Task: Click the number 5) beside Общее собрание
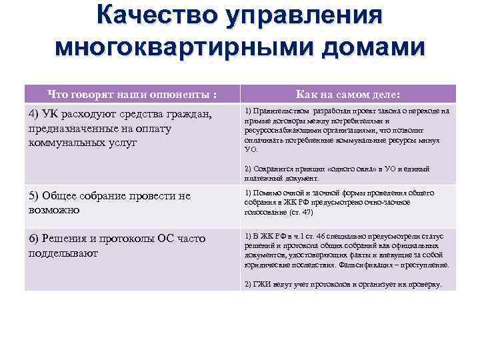point(35,195)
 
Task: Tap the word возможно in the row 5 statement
point(53,209)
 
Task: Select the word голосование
point(264,212)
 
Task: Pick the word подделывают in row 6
point(64,253)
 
